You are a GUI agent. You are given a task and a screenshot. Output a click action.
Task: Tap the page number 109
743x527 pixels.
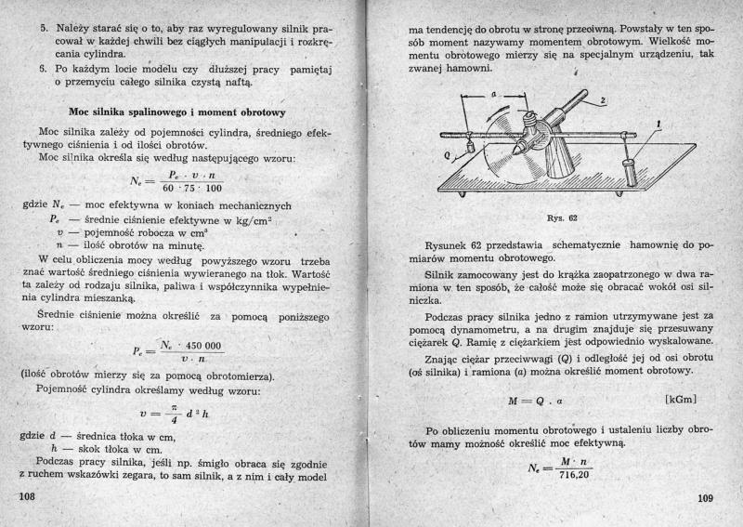(709, 499)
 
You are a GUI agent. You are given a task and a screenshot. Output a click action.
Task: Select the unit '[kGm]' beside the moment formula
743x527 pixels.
(682, 401)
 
